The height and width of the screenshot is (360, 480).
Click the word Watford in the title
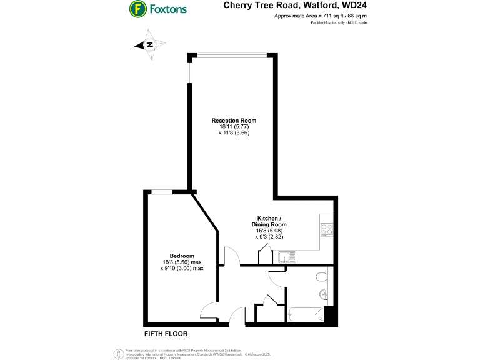(x=307, y=6)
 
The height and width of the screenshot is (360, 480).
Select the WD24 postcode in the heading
(x=351, y=6)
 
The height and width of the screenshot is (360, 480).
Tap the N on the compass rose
(x=150, y=44)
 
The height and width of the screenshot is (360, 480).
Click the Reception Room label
(x=234, y=120)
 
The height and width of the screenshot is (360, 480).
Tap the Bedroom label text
(x=182, y=256)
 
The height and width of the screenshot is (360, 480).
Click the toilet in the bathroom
(x=322, y=276)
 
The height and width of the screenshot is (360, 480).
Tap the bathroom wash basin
(x=324, y=294)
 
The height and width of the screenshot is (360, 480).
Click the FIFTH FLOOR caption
(x=166, y=333)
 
